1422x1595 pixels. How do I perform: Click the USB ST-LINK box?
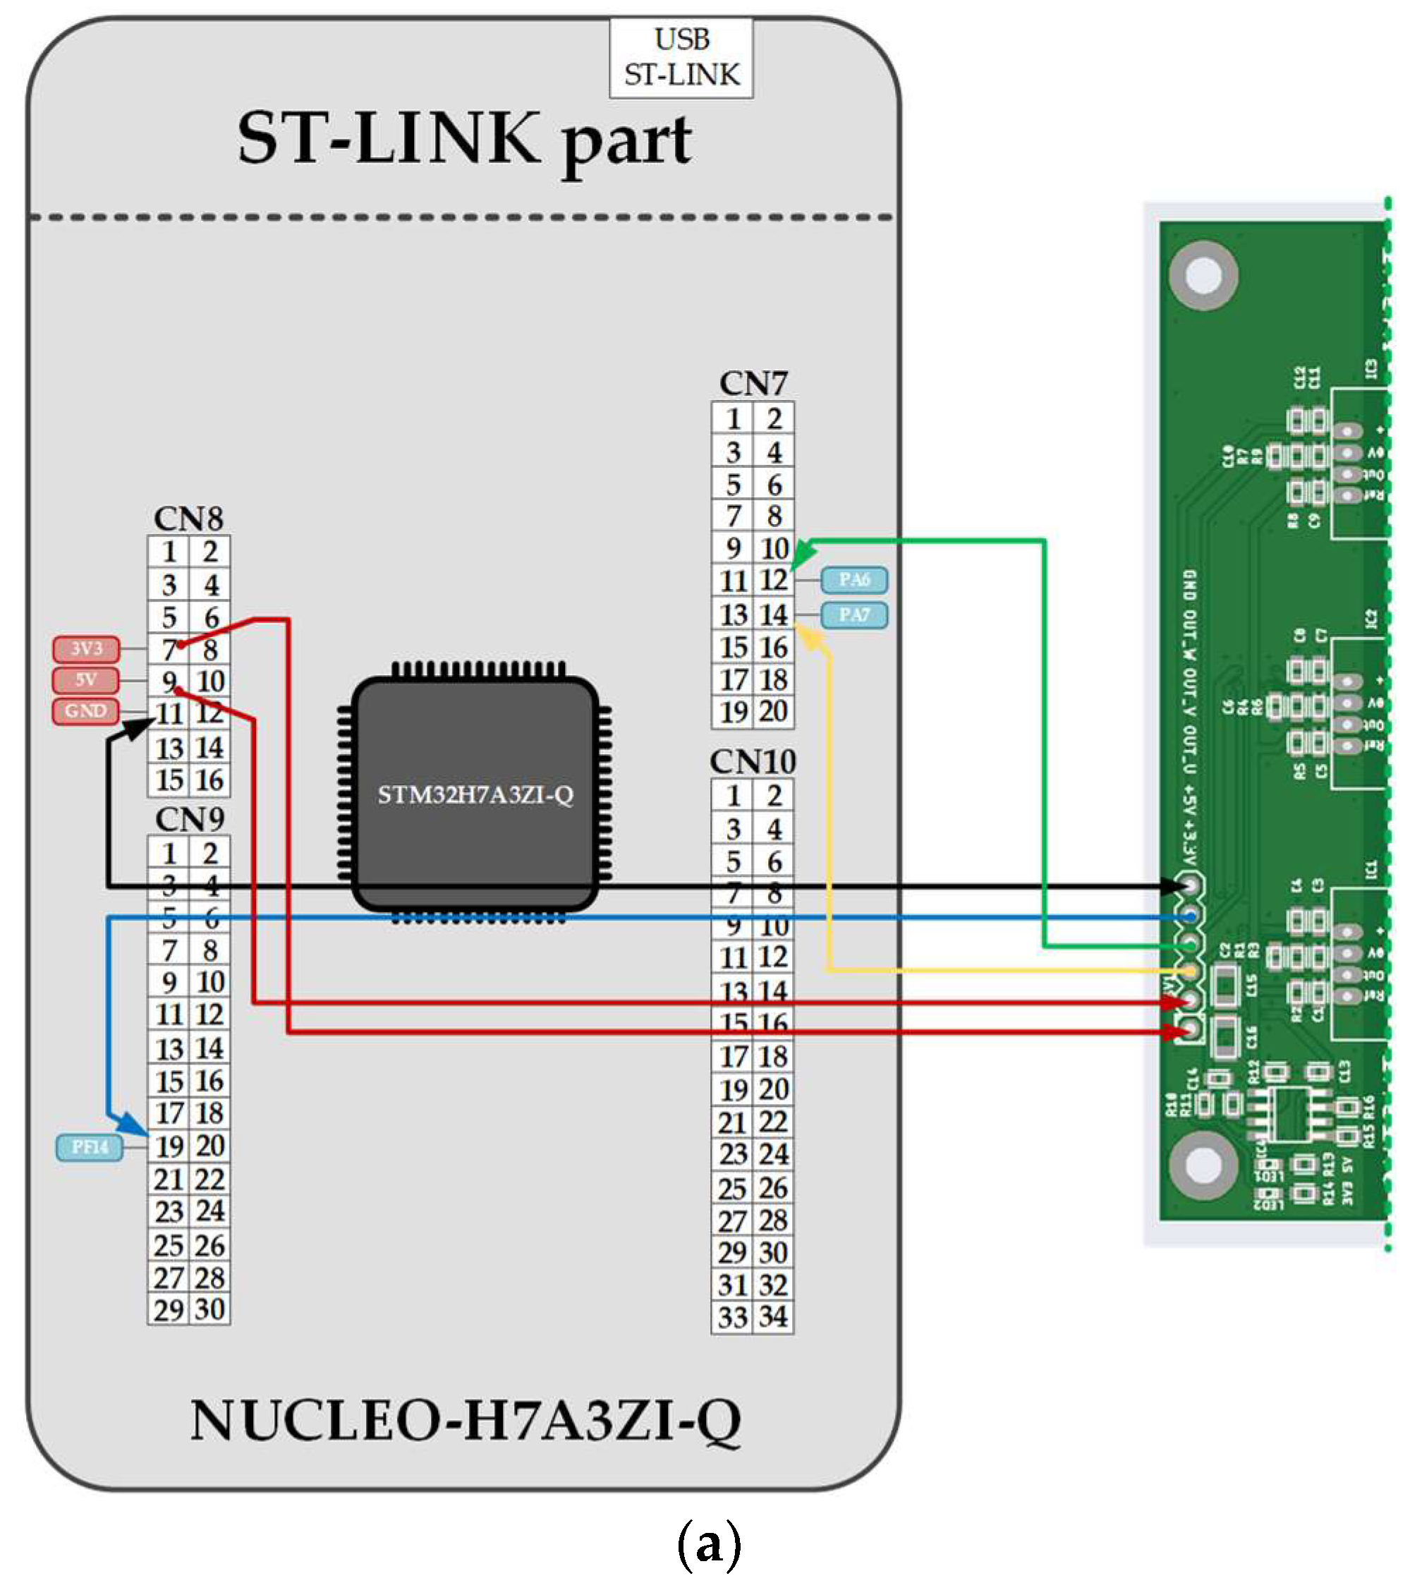[681, 58]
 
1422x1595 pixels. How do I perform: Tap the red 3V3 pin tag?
[86, 648]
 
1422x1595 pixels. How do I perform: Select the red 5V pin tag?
[86, 680]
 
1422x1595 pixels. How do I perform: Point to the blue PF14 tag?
[89, 1147]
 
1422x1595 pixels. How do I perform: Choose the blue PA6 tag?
[853, 580]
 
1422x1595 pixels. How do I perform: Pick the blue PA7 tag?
[853, 615]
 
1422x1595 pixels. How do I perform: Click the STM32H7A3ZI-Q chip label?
[475, 796]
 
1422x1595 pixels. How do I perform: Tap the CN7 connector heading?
[753, 384]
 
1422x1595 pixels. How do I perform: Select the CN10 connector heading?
[753, 762]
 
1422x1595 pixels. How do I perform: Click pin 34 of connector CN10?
[774, 1317]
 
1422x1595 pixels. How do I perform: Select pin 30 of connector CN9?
[209, 1309]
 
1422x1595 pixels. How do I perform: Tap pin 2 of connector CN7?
[774, 420]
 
